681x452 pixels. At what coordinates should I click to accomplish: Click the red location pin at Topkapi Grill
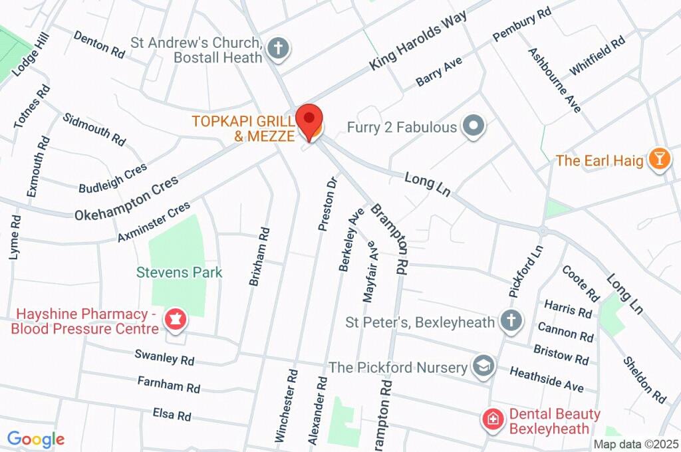click(x=309, y=120)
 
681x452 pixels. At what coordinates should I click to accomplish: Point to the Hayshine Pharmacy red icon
click(x=176, y=318)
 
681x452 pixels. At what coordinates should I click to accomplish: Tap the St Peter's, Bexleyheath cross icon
click(x=511, y=320)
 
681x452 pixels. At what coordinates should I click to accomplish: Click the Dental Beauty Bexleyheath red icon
click(x=493, y=419)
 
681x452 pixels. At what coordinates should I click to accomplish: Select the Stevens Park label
click(x=180, y=273)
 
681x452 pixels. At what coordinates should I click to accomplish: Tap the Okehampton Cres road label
click(x=126, y=199)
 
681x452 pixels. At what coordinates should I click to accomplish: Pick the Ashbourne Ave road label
click(x=555, y=80)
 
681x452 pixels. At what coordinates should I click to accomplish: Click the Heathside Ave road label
click(x=547, y=378)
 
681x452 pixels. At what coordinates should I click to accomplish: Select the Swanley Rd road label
click(x=164, y=358)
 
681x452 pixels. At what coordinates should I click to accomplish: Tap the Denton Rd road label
click(x=99, y=45)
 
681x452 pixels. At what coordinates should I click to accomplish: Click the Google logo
click(x=36, y=439)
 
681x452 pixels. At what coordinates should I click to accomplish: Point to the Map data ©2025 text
click(x=635, y=444)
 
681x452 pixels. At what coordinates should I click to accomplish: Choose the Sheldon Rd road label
click(x=644, y=380)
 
